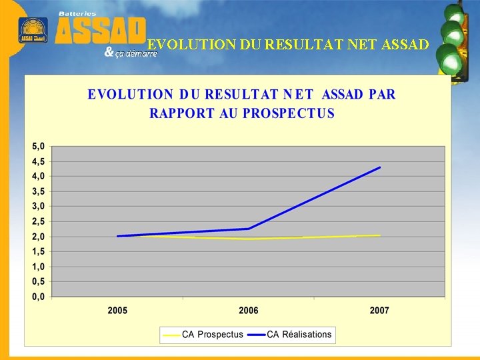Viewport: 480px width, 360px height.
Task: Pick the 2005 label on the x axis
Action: (x=118, y=311)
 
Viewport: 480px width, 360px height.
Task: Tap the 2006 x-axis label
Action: (x=249, y=311)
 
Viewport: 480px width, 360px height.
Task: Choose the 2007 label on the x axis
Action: (x=379, y=311)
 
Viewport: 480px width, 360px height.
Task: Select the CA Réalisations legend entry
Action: (x=299, y=334)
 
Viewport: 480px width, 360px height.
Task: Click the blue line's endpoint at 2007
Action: (x=380, y=167)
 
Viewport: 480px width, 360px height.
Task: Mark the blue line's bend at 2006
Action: (x=249, y=229)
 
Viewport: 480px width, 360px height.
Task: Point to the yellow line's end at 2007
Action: (x=380, y=235)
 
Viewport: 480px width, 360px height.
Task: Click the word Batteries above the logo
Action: (x=77, y=13)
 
